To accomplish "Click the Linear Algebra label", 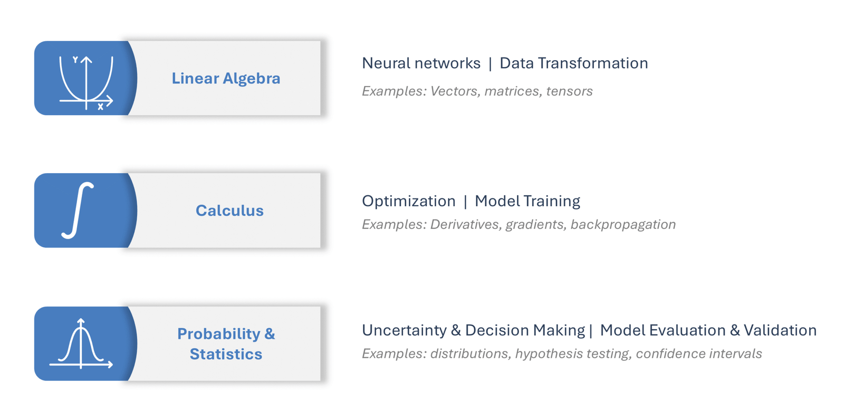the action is [x=226, y=79].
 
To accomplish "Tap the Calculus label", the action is [x=229, y=211].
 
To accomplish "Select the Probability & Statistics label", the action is [x=226, y=344].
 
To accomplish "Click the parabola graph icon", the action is [x=87, y=83].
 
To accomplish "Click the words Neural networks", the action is [x=421, y=63].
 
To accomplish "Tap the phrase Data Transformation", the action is [x=574, y=63].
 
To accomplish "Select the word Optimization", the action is [x=409, y=202].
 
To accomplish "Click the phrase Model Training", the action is [x=527, y=202].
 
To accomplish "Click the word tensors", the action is [x=569, y=91].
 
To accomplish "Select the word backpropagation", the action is [x=623, y=225].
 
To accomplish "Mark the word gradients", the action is [x=534, y=225].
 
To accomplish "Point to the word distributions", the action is [x=469, y=354].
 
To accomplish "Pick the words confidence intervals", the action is [x=699, y=354].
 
